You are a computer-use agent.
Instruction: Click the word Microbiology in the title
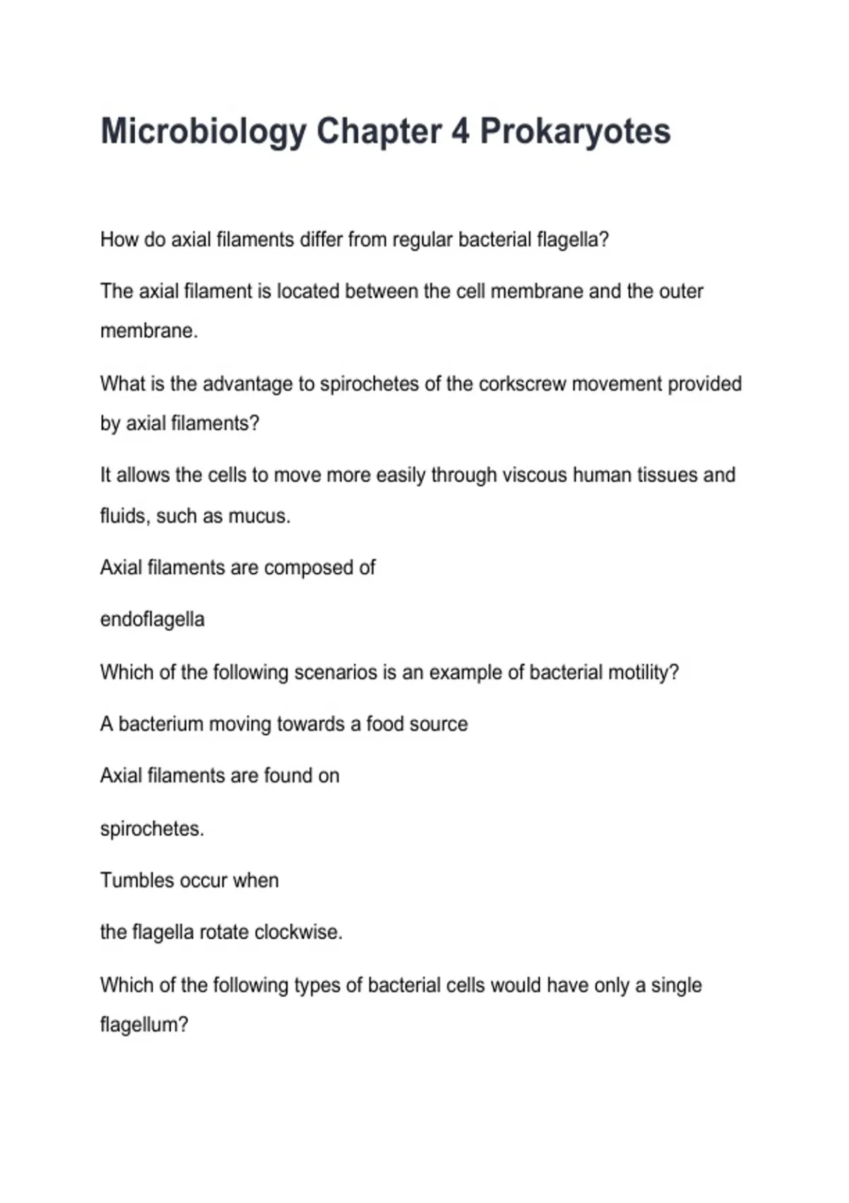click(203, 132)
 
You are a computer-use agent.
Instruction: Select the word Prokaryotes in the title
click(575, 132)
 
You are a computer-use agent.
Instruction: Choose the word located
click(308, 292)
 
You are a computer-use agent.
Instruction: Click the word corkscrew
click(522, 384)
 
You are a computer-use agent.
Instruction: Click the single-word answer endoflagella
click(152, 620)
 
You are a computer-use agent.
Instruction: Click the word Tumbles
click(137, 880)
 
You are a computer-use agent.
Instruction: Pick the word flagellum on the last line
click(144, 1025)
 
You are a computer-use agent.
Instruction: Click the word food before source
click(385, 724)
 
